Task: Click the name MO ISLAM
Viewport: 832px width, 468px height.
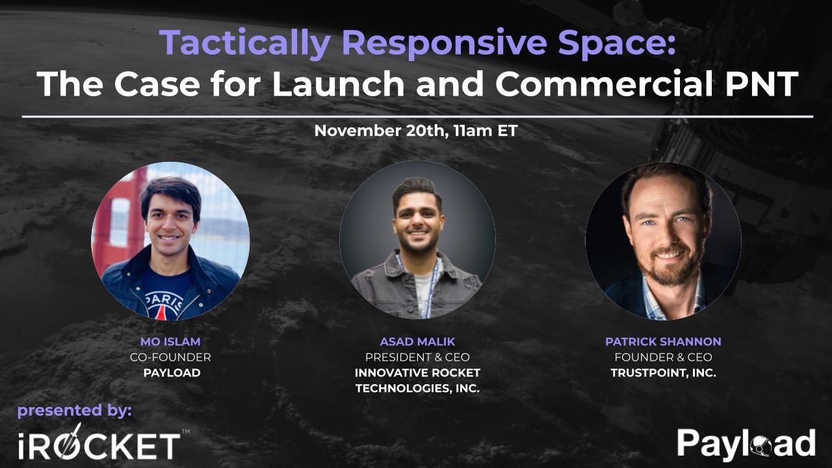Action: coord(170,341)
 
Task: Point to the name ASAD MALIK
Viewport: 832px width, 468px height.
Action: coord(417,341)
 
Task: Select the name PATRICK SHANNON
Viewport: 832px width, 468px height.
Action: coord(663,341)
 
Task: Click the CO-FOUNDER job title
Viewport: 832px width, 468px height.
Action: coord(170,357)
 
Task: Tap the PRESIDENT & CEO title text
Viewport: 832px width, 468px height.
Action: coord(417,357)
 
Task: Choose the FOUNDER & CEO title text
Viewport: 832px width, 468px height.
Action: coord(663,357)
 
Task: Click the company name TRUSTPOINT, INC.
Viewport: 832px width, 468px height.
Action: coord(663,373)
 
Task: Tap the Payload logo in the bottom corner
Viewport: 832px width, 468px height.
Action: coord(746,444)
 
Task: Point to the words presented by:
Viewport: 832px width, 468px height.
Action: coord(75,410)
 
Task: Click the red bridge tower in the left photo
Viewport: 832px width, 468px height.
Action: coord(117,208)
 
